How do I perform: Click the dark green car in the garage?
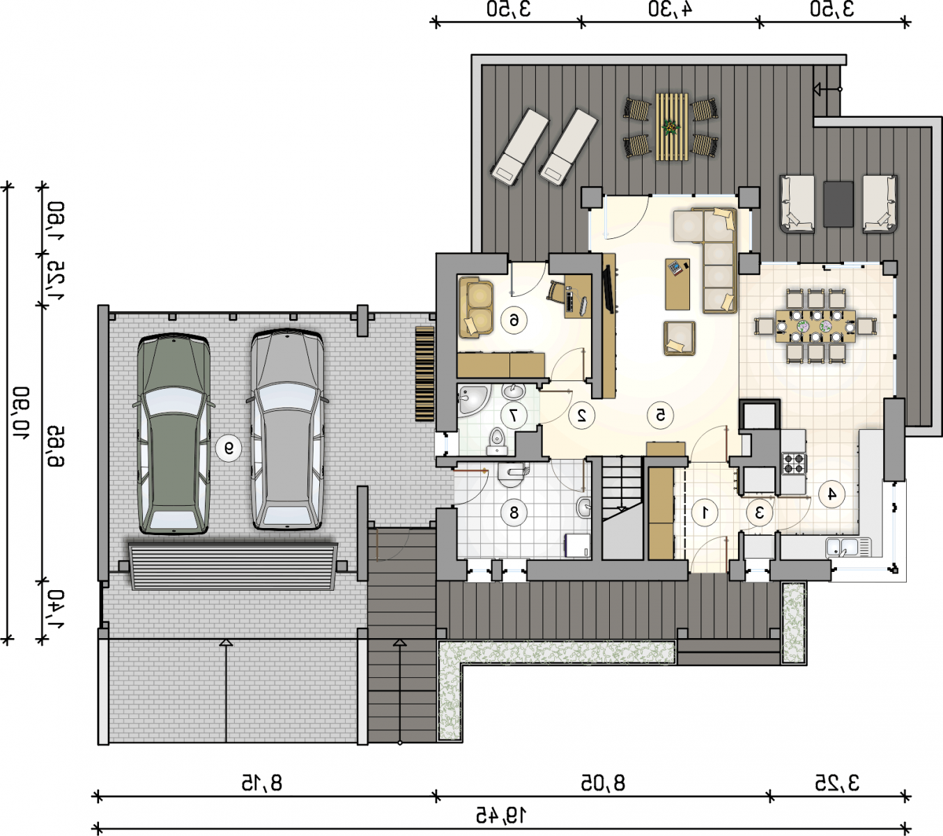(173, 433)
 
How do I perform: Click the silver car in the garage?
(287, 430)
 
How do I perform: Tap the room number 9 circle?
(229, 449)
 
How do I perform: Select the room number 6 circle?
(514, 320)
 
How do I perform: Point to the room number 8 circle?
(514, 513)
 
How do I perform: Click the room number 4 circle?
(831, 494)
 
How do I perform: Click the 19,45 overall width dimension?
(501, 814)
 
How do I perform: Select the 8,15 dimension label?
(262, 783)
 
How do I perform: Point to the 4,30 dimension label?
(670, 9)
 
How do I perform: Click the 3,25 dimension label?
(837, 783)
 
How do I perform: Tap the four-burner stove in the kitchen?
(794, 463)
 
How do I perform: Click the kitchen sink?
(848, 548)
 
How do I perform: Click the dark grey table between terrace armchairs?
(838, 204)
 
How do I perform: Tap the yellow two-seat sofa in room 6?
(476, 307)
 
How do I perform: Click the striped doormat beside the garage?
(424, 373)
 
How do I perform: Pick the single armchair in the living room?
(680, 338)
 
